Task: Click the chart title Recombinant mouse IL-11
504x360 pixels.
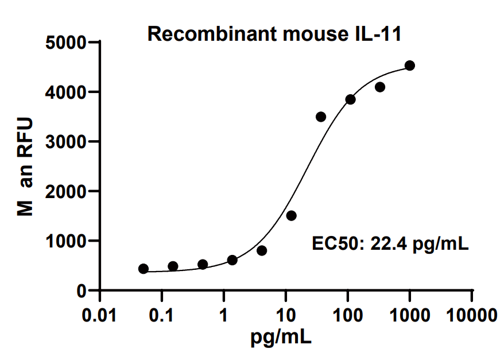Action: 274,35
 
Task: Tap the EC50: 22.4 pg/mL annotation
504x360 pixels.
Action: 390,243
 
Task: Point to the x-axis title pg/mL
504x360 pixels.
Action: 281,337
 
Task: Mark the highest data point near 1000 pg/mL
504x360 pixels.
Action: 409,66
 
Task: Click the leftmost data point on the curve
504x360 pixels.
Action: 144,269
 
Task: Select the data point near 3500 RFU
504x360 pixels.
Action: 321,117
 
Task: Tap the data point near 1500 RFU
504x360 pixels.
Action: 291,216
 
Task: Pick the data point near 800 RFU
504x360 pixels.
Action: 262,251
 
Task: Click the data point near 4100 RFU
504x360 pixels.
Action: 379,87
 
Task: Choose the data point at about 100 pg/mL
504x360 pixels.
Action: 350,100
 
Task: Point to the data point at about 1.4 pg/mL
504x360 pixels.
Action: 232,260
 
